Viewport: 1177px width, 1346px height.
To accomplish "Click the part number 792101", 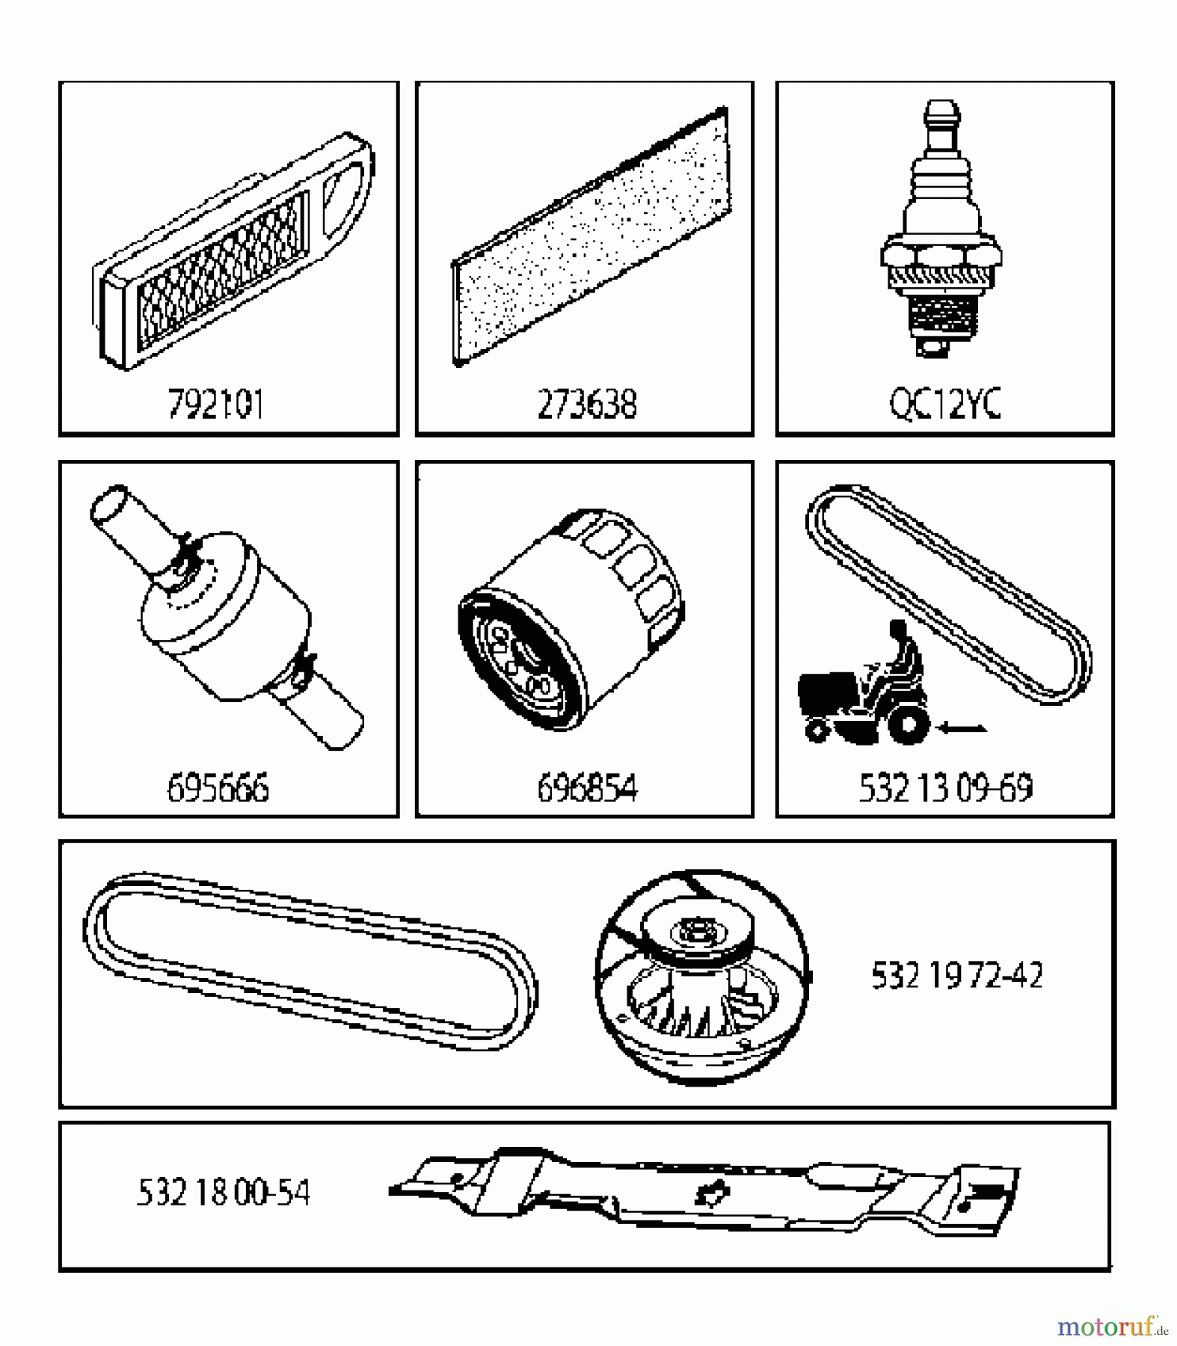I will (x=216, y=405).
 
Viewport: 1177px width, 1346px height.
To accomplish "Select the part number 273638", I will (x=587, y=405).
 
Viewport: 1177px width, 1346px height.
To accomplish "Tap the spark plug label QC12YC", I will (x=944, y=405).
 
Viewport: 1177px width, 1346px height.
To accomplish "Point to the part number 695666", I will (x=218, y=787).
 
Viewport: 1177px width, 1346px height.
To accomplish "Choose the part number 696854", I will (x=587, y=787).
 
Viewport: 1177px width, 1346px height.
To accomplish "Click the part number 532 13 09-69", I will (x=945, y=787).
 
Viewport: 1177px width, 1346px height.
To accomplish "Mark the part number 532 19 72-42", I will (x=956, y=975).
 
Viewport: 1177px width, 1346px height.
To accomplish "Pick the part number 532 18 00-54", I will (x=223, y=1192).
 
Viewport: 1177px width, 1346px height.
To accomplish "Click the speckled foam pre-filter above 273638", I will (x=591, y=236).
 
